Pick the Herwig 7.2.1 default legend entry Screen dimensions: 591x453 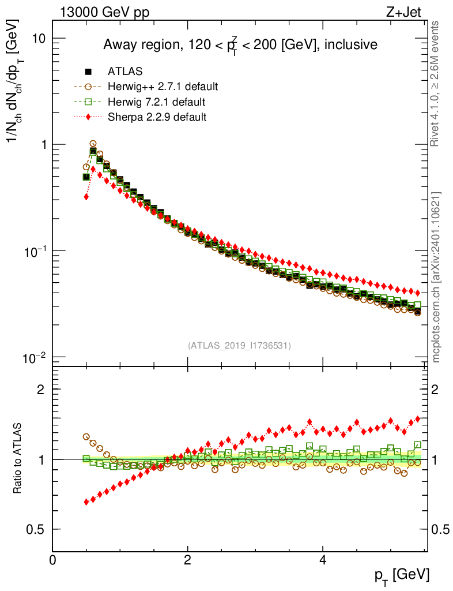coord(156,102)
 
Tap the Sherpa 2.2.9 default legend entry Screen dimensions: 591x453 coord(157,117)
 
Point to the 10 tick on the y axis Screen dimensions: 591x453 coord(38,38)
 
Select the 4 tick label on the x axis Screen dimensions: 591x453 coord(323,560)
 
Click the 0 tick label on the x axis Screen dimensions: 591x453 coord(53,560)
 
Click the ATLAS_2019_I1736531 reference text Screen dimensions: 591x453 coord(239,346)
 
